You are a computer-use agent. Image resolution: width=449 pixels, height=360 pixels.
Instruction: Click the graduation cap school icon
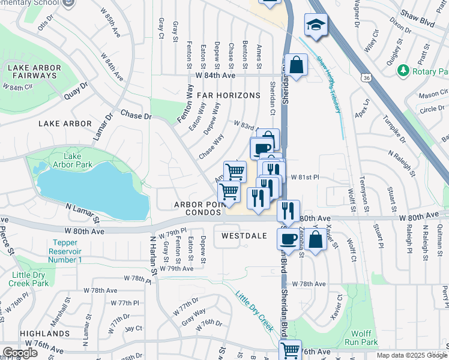[316, 25]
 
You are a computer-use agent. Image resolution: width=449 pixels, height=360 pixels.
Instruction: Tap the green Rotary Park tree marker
[403, 71]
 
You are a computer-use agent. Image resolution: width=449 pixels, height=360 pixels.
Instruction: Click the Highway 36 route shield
[366, 77]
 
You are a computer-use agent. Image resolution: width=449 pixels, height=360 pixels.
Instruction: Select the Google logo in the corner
[20, 352]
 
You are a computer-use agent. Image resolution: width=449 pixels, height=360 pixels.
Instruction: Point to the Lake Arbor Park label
[73, 161]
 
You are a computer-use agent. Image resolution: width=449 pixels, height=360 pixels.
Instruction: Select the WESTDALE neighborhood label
[243, 236]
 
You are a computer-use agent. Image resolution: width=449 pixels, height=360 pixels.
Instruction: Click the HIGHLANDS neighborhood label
[44, 333]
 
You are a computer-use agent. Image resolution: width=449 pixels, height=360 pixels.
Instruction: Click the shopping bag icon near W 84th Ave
[297, 64]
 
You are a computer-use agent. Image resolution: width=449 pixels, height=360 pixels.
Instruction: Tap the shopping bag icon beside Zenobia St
[315, 238]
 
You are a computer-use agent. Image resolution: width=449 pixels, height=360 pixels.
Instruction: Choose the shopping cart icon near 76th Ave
[291, 349]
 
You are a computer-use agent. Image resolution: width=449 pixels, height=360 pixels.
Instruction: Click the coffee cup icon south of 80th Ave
[288, 238]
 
